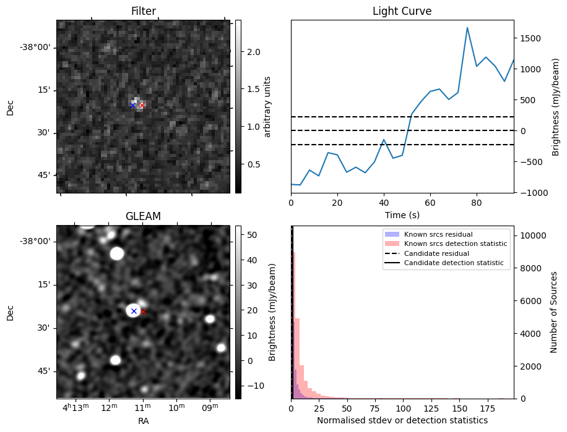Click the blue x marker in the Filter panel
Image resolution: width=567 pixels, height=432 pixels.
coord(132,105)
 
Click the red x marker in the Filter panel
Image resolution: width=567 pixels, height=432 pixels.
coord(142,105)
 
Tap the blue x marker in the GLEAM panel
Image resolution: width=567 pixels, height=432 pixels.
coord(134,311)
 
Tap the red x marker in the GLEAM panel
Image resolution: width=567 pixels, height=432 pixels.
coord(143,311)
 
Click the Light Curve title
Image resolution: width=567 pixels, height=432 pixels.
coord(402,11)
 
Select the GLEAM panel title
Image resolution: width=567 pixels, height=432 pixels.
coord(143,216)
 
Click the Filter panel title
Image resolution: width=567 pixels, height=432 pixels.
coord(143,11)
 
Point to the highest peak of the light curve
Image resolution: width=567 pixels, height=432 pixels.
coord(467,28)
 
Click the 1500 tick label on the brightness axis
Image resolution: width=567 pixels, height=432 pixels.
coord(532,38)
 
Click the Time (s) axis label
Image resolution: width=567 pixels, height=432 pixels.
coord(402,214)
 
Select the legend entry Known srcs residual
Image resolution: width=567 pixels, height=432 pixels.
coord(438,235)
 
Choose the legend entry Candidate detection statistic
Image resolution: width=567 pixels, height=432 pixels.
coord(454,263)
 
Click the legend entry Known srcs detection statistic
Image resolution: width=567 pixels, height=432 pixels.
coord(455,244)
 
